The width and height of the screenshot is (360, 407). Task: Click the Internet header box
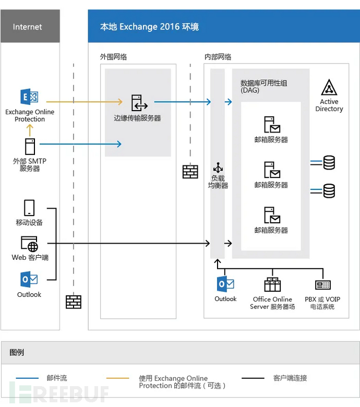click(x=30, y=27)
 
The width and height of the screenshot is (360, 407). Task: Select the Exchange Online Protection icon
click(x=29, y=98)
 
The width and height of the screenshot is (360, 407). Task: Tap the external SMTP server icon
click(x=30, y=147)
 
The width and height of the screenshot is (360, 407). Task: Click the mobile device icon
click(x=29, y=208)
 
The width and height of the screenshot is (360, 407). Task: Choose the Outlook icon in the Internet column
click(x=29, y=280)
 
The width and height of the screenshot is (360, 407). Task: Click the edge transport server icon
click(x=138, y=103)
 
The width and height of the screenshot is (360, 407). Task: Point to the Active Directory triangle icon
click(x=329, y=88)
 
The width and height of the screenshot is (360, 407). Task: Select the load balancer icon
click(x=218, y=168)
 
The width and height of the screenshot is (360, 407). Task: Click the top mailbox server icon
click(x=271, y=125)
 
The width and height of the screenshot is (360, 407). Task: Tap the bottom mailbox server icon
click(x=271, y=216)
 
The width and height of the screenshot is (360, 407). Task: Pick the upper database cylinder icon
click(x=329, y=163)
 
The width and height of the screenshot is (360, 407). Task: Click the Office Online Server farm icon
click(x=272, y=285)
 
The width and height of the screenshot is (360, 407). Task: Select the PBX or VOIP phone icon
click(x=323, y=285)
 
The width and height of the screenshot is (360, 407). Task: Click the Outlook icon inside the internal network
click(x=225, y=285)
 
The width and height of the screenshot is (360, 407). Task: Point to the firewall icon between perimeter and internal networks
click(x=190, y=172)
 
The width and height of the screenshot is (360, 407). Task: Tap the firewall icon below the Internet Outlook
click(x=74, y=302)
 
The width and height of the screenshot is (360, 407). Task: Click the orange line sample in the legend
click(x=117, y=378)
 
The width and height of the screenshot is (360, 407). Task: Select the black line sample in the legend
click(x=253, y=378)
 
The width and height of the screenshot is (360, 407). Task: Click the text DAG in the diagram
click(x=250, y=90)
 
